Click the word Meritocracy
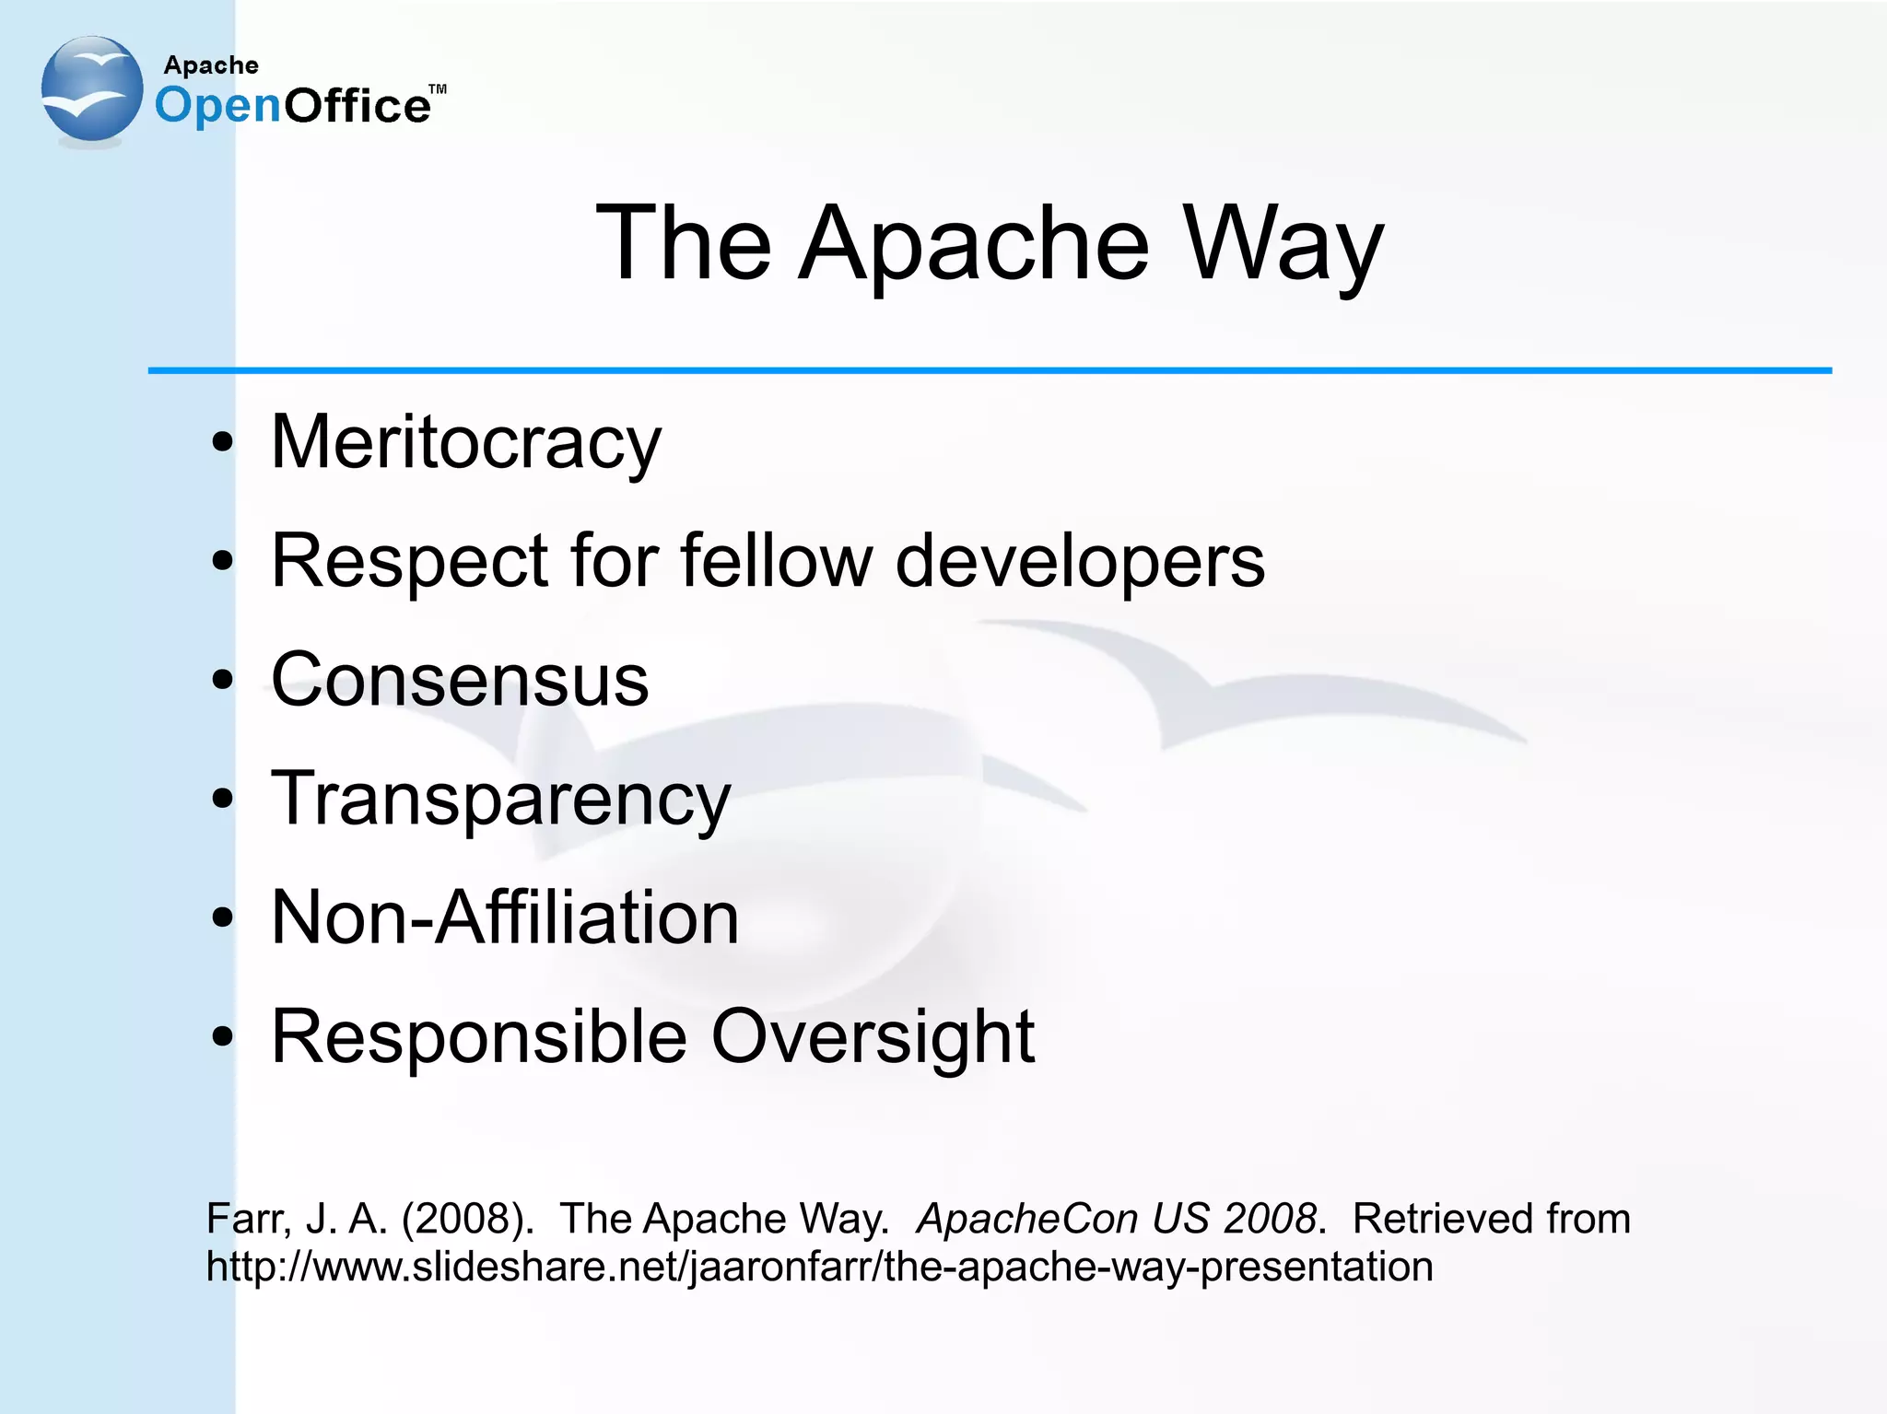(465, 443)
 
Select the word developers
(1080, 561)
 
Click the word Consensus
(460, 680)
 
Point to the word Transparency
(500, 800)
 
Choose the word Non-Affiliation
(505, 917)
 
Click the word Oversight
(873, 1036)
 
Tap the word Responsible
(479, 1036)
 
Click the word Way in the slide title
(1283, 243)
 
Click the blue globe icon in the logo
(92, 89)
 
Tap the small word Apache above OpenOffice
(211, 65)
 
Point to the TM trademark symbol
(438, 89)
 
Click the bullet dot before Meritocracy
(222, 443)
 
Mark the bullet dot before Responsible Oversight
(222, 1036)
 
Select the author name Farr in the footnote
(247, 1219)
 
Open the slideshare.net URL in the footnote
(819, 1267)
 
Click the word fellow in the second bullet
(776, 561)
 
